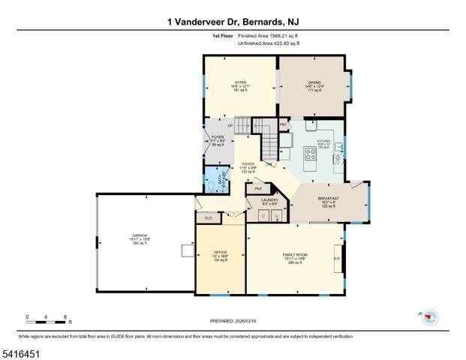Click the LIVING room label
[240, 82]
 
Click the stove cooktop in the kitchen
[309, 155]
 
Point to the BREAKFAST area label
[328, 198]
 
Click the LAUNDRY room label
[269, 199]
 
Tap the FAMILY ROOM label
[295, 255]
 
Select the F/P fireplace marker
[337, 258]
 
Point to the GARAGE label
[140, 235]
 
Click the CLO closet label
[208, 217]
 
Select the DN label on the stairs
[268, 163]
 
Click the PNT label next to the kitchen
[283, 124]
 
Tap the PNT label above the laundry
[257, 190]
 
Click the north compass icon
[429, 316]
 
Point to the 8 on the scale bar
[66, 316]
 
